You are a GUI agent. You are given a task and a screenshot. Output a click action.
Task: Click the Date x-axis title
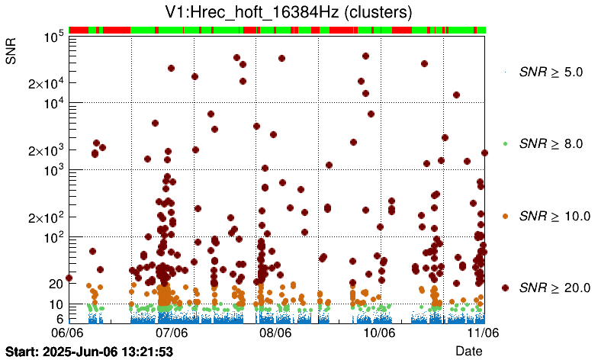(x=468, y=350)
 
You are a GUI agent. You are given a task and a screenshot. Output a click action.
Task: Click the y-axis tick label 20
(x=55, y=284)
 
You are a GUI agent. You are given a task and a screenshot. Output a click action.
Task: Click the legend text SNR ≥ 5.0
(x=551, y=72)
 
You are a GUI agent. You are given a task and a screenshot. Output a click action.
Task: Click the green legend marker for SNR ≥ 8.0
(x=506, y=143)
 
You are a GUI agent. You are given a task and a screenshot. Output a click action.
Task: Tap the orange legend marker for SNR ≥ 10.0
(x=506, y=216)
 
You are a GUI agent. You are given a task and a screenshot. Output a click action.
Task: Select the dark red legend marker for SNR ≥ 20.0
(x=506, y=288)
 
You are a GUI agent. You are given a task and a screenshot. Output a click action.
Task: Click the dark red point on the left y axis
(x=69, y=278)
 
